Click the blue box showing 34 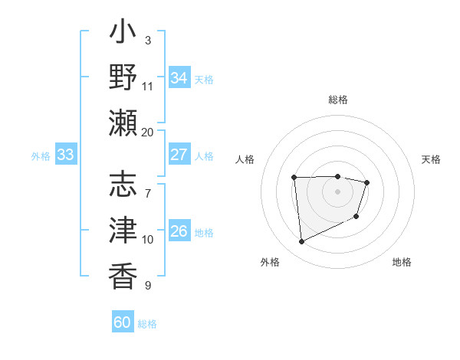pos(179,78)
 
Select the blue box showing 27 pos(179,155)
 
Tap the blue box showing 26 pos(179,231)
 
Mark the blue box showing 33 pos(65,155)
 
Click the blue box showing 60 pos(123,322)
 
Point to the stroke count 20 pos(148,132)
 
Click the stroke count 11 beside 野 pos(148,86)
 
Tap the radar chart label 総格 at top pos(338,100)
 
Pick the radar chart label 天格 pos(432,159)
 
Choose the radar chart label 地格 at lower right pos(402,262)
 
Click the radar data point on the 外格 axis pos(301,242)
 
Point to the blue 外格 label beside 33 pos(41,156)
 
